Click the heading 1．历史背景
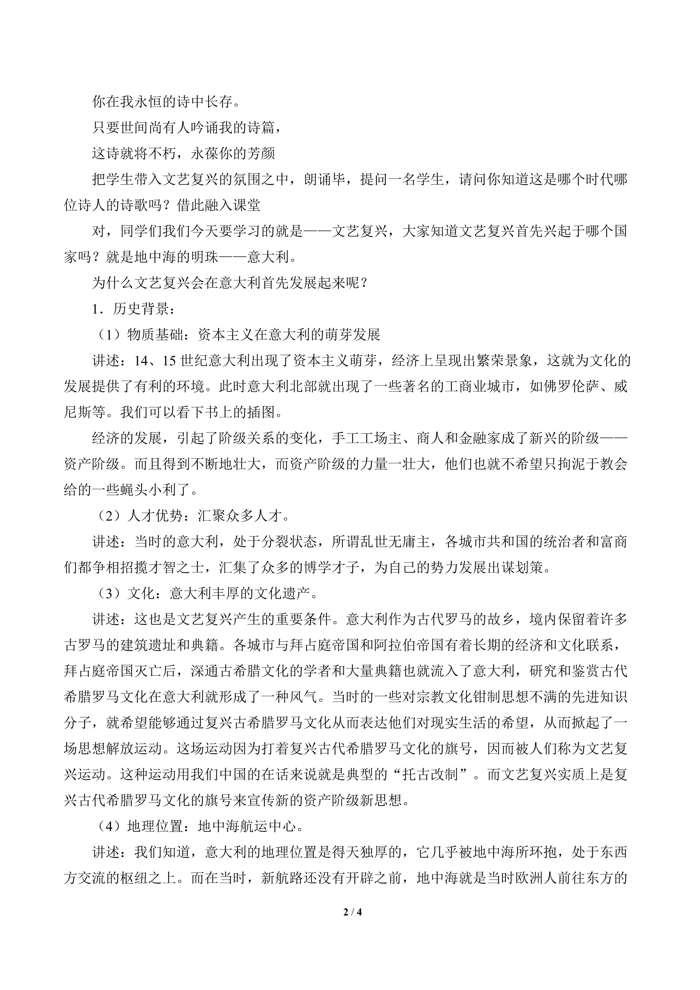133,309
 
